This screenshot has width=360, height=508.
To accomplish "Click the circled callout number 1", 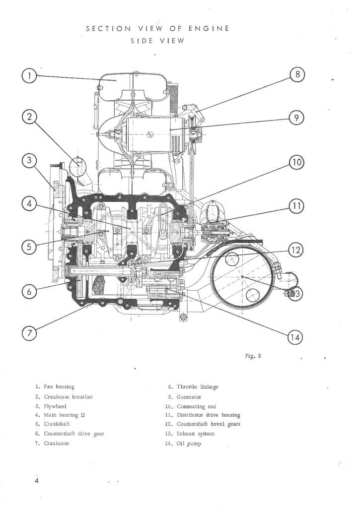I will (29, 76).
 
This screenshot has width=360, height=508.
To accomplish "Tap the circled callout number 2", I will (29, 117).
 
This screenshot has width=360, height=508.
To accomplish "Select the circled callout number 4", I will (29, 203).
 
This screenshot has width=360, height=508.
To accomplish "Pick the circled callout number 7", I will (29, 333).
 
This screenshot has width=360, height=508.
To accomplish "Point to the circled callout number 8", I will (296, 75).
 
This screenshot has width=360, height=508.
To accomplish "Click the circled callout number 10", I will (296, 162).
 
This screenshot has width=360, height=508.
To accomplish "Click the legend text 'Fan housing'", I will (59, 386).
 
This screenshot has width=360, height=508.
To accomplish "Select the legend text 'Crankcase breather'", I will (68, 397).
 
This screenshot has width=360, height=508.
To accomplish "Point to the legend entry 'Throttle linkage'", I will (197, 387).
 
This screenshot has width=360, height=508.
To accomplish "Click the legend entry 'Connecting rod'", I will (197, 406).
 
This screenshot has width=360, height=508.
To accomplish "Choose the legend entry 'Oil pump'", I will (189, 444).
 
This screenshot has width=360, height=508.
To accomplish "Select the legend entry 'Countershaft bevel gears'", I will (208, 424).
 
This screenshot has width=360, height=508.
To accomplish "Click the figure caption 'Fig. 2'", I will (253, 356).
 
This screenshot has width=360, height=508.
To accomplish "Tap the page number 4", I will (36, 481).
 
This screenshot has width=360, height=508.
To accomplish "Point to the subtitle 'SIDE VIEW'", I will (157, 41).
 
